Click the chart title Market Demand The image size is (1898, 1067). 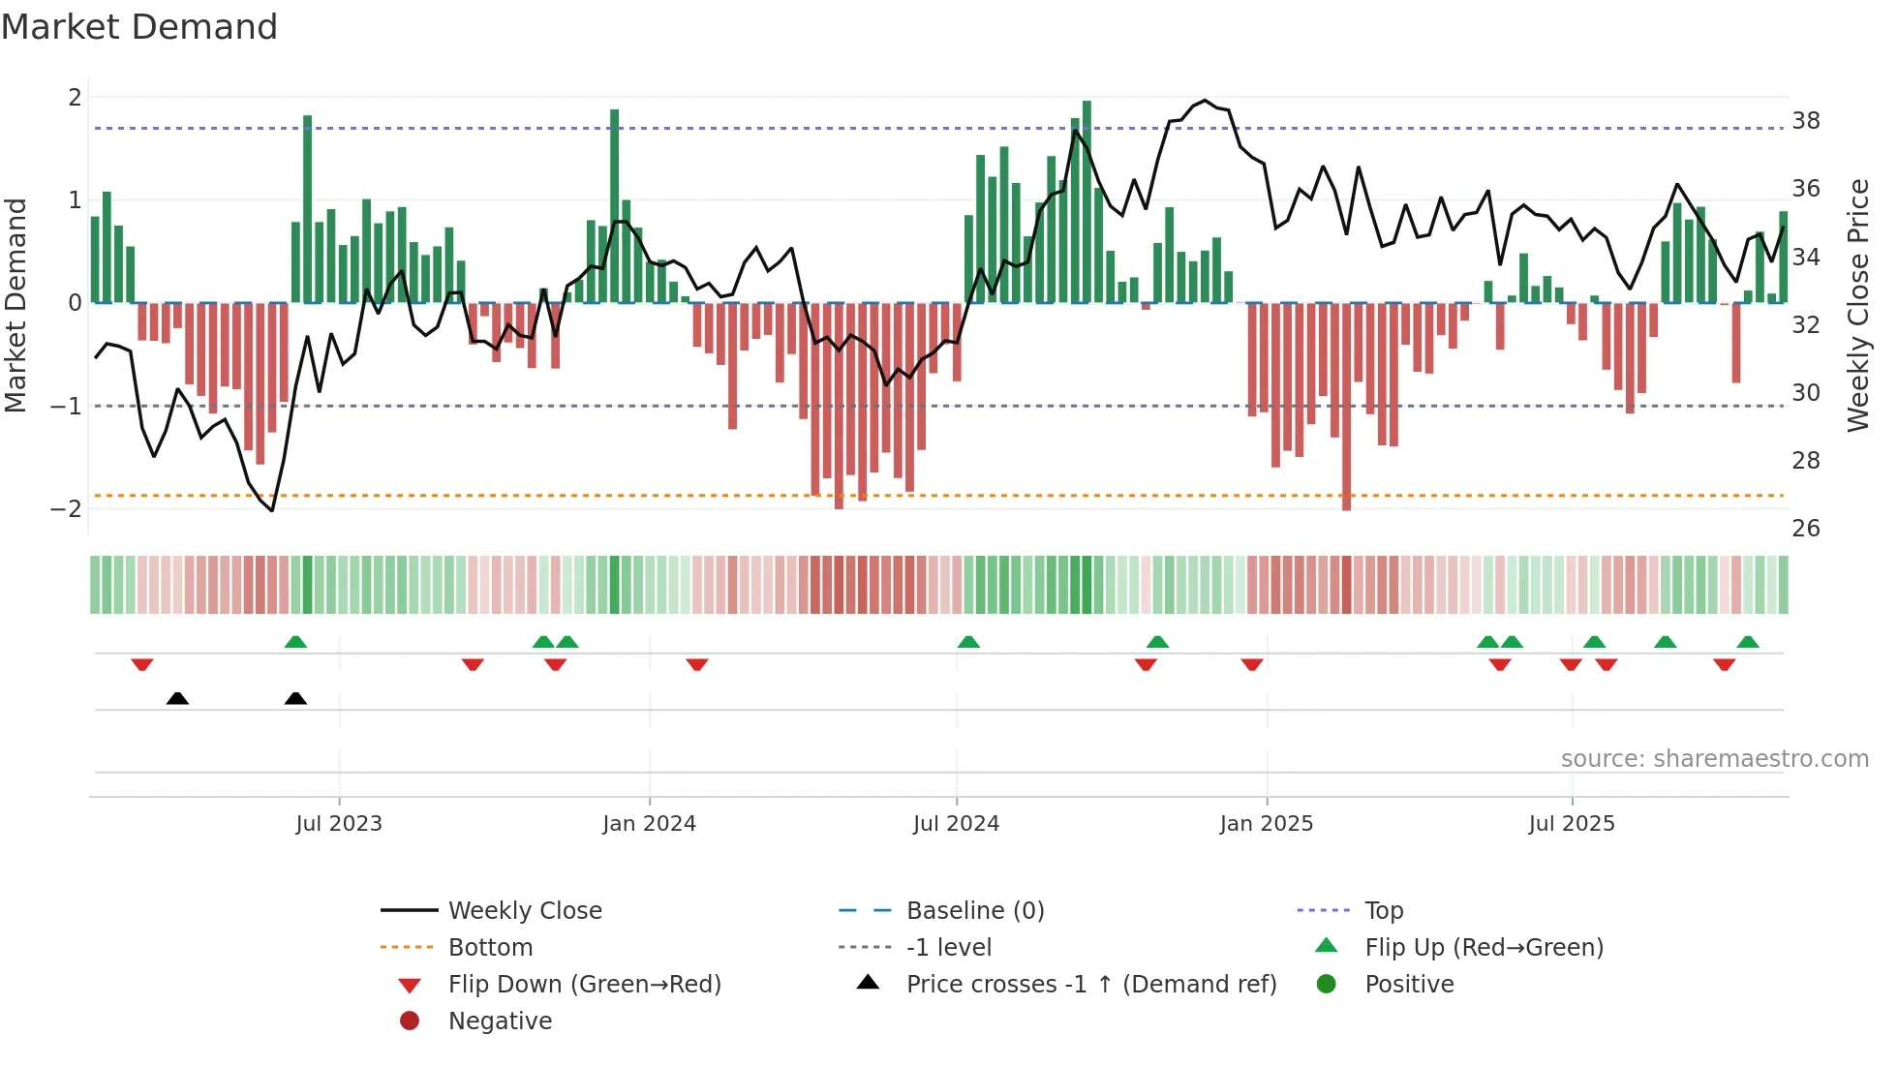139,27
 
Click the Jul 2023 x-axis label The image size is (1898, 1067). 339,824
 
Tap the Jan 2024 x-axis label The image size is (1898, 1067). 649,824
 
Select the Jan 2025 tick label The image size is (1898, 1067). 1266,824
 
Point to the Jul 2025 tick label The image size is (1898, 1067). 1572,824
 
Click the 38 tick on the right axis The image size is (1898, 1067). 1805,121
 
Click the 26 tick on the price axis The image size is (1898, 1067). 1805,529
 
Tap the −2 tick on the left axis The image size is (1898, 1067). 66,509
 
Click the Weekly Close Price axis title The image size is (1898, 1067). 1857,305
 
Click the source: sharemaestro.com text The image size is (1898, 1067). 1714,759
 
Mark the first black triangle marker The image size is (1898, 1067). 177,698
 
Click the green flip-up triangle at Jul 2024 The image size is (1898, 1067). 968,642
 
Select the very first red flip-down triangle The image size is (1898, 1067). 142,665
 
